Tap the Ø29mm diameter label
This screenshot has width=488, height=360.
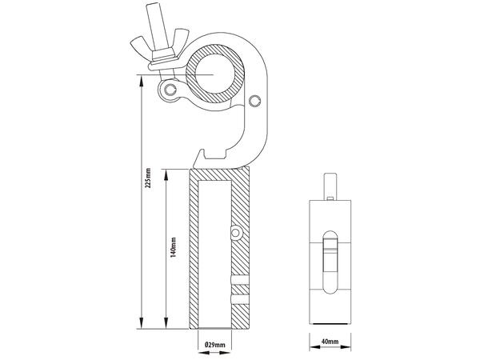click(216, 345)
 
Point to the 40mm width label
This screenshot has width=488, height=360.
click(329, 342)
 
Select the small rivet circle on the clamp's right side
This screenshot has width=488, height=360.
click(254, 101)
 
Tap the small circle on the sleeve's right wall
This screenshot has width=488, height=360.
click(236, 231)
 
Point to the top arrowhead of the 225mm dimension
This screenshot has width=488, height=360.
click(142, 78)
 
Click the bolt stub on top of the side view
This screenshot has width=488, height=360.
click(329, 183)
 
